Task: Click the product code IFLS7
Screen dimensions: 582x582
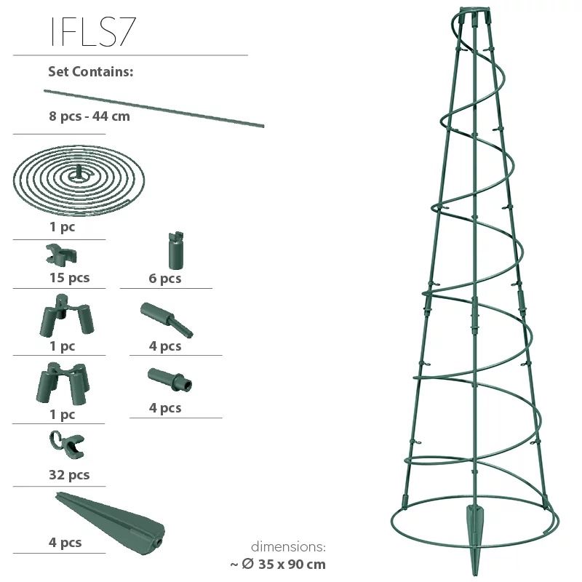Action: [x=92, y=31]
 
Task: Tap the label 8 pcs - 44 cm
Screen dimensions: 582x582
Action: [x=89, y=116]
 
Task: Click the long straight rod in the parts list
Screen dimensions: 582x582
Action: [x=154, y=108]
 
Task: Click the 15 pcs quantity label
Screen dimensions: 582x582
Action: [x=69, y=278]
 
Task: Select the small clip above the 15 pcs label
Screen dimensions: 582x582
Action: [x=61, y=255]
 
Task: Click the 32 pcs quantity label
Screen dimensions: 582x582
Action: [x=69, y=475]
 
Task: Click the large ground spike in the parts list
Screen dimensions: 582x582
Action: [x=109, y=518]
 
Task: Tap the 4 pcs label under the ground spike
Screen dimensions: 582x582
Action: [x=65, y=542]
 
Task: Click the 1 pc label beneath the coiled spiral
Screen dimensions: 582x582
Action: [x=63, y=226]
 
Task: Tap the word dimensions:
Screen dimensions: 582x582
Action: [x=288, y=546]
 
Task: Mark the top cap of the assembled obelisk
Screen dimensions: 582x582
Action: [x=474, y=15]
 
